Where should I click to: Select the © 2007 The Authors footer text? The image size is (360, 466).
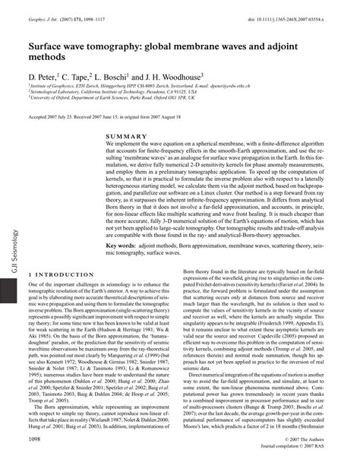312,440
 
